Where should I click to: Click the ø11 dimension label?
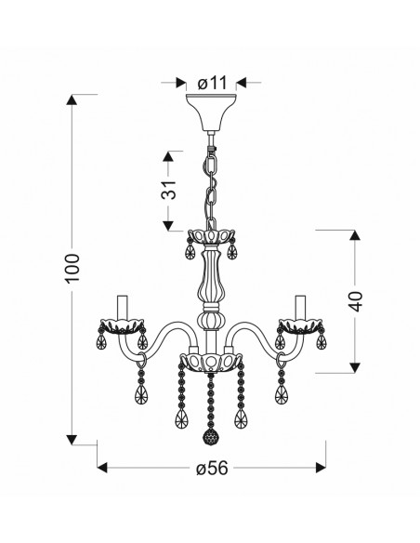(212, 83)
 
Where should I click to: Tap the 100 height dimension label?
(72, 268)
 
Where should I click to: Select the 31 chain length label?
(168, 190)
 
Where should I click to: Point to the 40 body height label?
(356, 301)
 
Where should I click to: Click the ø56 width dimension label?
(212, 469)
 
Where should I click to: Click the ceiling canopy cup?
(211, 113)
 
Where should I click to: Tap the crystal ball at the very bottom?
(209, 435)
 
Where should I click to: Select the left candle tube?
(123, 308)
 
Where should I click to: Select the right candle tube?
(300, 308)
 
